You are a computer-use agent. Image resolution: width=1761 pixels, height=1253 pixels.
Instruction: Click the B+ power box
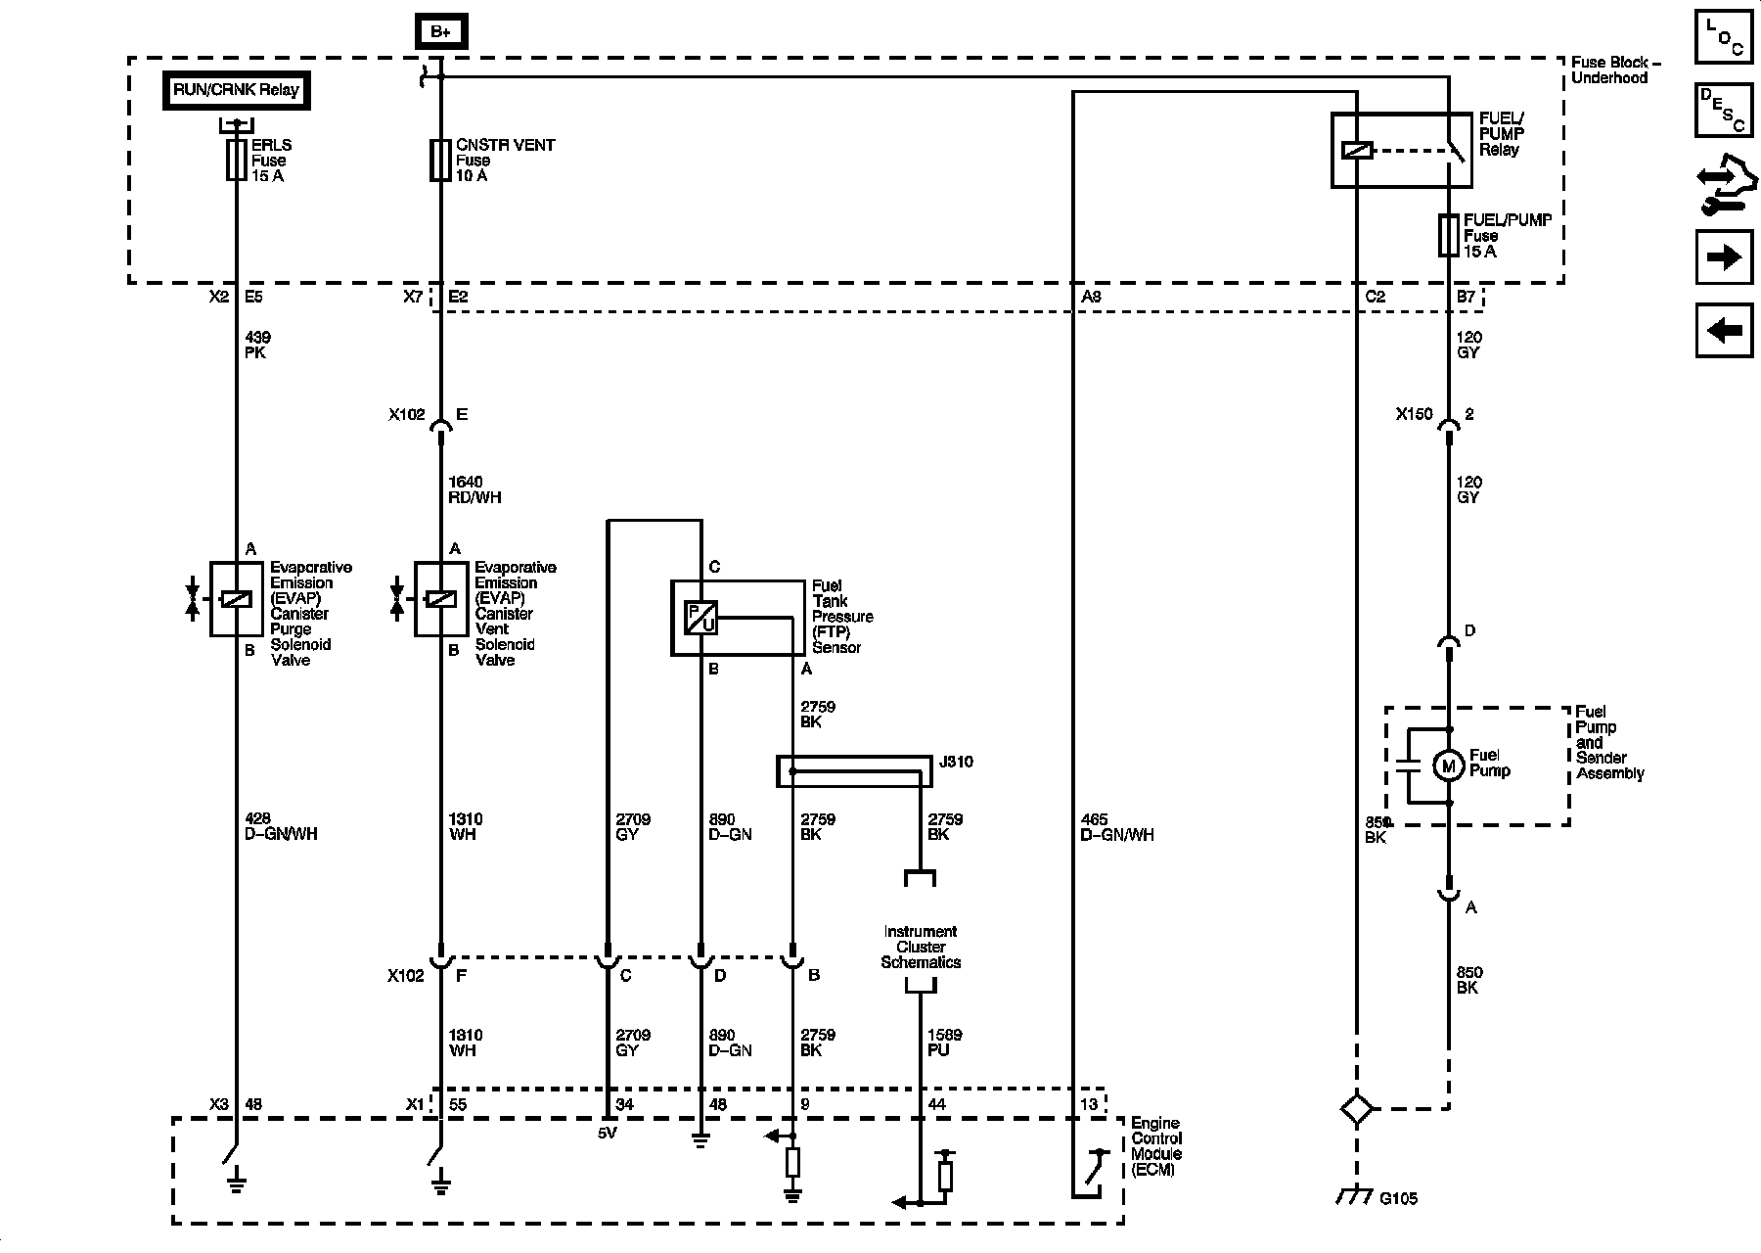tap(440, 31)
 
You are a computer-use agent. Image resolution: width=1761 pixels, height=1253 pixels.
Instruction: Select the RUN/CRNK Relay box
tap(236, 90)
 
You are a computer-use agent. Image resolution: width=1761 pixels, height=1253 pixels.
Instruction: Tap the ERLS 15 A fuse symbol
tap(236, 160)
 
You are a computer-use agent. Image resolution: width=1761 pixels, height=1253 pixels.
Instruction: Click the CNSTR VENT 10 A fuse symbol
tap(440, 160)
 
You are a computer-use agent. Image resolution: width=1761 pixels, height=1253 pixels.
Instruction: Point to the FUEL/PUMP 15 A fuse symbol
tap(1449, 236)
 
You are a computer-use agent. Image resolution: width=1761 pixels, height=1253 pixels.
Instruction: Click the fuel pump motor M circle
tap(1449, 766)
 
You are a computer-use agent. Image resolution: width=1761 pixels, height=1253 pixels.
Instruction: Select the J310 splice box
tap(854, 771)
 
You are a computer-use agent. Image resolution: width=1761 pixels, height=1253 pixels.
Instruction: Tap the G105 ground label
tap(1398, 1198)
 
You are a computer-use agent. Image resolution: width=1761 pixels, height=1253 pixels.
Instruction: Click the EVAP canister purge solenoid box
tap(236, 599)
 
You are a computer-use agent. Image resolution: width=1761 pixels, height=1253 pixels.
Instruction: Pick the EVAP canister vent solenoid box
tap(440, 599)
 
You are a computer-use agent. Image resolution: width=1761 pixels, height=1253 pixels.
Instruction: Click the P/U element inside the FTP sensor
tap(700, 618)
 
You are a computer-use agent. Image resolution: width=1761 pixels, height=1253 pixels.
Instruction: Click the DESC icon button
tap(1724, 111)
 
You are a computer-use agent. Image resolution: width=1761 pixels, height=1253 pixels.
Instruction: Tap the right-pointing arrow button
tap(1724, 257)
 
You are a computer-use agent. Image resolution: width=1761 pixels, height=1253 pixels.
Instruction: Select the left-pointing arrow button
tap(1724, 331)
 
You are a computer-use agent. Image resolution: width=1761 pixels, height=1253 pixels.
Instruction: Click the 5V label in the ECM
tap(609, 1134)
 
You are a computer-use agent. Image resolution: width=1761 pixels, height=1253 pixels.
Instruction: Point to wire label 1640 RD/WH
tap(474, 489)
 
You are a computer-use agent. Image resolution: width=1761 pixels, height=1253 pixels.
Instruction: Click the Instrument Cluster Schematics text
tap(921, 947)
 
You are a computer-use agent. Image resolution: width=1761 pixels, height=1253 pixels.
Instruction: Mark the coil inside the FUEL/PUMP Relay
tap(1357, 151)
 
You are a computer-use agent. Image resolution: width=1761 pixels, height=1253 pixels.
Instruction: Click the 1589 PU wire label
tap(944, 1043)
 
